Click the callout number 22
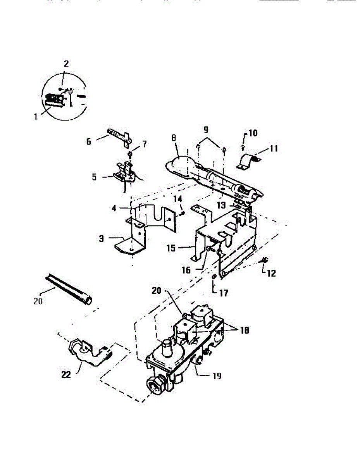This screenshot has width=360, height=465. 67,375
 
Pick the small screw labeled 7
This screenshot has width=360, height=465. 130,154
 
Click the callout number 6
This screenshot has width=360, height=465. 89,141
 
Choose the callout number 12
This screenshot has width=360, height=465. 272,273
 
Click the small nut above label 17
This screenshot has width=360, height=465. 214,277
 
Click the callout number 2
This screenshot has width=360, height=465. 66,64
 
